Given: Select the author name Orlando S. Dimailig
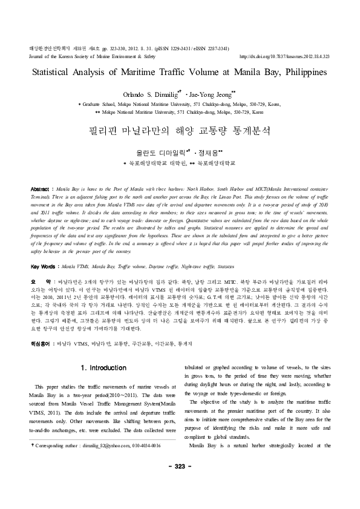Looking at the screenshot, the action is coord(145,94).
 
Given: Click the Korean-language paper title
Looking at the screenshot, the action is coord(180,130).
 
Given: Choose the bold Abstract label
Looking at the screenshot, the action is coord(40,172).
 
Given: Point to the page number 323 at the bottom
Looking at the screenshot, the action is coord(180,482).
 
